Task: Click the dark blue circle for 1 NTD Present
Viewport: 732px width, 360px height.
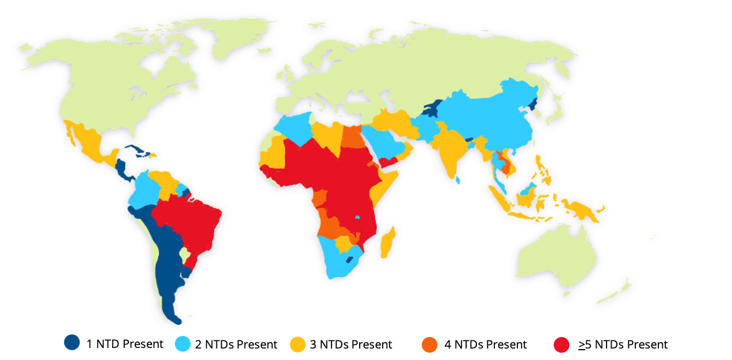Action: click(x=72, y=343)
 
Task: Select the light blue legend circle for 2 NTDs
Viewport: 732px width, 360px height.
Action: click(x=182, y=344)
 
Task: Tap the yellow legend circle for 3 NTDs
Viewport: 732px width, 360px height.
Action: click(x=297, y=344)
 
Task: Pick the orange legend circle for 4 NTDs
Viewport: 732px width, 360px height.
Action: click(x=430, y=344)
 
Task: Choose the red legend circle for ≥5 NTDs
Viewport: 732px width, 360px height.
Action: click(x=562, y=344)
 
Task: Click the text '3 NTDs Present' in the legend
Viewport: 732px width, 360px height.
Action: click(x=351, y=344)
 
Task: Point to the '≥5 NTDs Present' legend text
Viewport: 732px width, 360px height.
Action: click(x=623, y=344)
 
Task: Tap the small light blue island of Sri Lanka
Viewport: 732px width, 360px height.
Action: click(x=458, y=180)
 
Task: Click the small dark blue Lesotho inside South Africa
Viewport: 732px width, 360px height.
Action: click(x=349, y=260)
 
